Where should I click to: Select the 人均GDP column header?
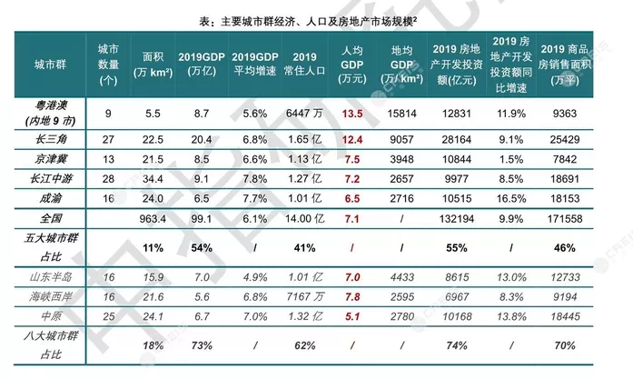[x=352, y=65]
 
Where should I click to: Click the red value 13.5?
[x=352, y=113]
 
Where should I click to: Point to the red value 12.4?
[x=352, y=139]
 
